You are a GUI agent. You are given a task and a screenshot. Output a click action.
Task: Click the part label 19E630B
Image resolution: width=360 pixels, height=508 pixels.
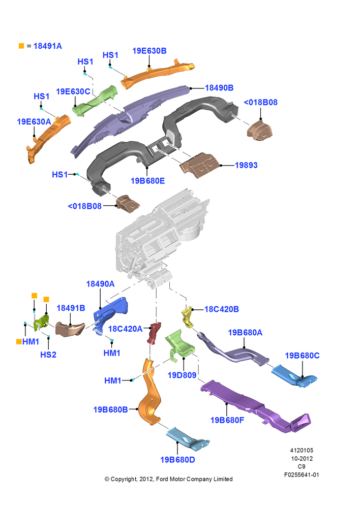[x=149, y=51]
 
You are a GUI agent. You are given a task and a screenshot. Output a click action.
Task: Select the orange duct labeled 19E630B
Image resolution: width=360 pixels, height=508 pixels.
[x=158, y=74]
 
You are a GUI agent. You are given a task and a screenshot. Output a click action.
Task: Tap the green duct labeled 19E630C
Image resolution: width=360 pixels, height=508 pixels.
[x=95, y=101]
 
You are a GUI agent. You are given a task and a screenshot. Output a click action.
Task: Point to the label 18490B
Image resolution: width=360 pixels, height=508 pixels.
[x=219, y=88]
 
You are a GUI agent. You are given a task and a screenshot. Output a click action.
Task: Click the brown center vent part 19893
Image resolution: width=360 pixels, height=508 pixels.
[x=199, y=166]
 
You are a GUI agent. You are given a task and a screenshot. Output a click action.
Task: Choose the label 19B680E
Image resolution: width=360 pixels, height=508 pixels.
[x=147, y=181]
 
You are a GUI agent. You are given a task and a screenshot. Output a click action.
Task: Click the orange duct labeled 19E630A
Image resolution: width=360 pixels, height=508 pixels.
[x=48, y=138]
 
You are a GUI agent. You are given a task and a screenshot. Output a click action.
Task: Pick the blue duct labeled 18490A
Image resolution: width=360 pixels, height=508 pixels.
[x=110, y=315]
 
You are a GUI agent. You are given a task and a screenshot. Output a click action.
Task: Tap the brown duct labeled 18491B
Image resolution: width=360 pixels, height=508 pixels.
[x=70, y=329]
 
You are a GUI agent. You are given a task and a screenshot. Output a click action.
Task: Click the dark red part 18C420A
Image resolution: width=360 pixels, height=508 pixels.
[x=154, y=333]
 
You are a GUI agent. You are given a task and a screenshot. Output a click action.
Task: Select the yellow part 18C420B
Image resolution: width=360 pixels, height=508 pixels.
[x=188, y=317]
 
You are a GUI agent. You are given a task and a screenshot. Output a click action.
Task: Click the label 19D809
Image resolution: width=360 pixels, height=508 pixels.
[x=182, y=375]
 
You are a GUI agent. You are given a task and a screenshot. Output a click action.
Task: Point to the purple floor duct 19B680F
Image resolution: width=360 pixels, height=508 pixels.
[x=256, y=407]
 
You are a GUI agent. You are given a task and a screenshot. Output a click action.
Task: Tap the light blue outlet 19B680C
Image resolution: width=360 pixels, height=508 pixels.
[x=293, y=376]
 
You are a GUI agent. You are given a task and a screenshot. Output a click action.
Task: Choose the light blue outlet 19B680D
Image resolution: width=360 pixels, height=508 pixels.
[x=188, y=439]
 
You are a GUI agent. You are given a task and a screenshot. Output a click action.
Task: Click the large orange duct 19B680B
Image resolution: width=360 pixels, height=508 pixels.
[x=150, y=394]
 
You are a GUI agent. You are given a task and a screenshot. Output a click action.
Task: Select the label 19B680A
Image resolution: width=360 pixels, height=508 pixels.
[x=245, y=333]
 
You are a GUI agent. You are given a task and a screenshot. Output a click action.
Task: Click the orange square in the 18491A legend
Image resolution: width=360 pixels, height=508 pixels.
[x=21, y=46]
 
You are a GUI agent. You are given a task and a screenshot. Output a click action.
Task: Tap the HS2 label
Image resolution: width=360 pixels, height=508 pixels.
[x=48, y=355]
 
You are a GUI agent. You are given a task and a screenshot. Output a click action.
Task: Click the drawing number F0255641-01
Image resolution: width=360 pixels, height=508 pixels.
[x=302, y=474]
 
